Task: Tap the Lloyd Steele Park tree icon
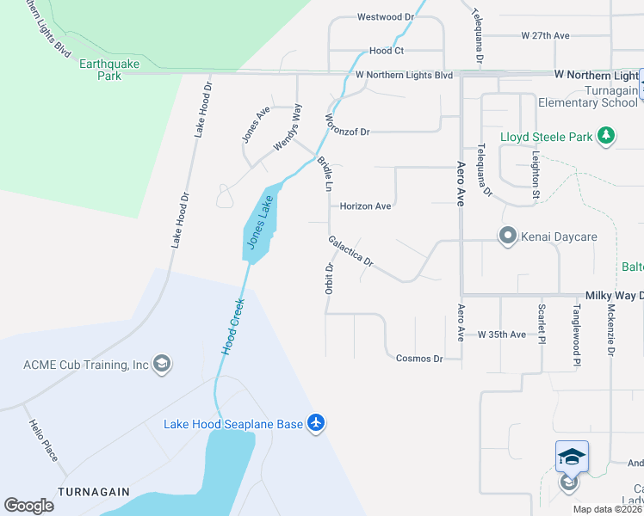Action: pos(606,136)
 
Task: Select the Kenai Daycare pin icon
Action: pos(508,236)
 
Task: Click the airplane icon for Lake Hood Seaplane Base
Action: pos(316,423)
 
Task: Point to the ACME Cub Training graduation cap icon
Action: pos(161,365)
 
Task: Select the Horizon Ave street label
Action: pos(365,206)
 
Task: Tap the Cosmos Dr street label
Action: pos(418,358)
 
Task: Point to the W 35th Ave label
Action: pos(501,334)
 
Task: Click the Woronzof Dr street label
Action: pos(347,132)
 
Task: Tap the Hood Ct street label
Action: pos(387,51)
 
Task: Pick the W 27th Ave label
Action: pos(546,36)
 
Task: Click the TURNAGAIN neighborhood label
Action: pos(93,492)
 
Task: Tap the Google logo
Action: pos(28,506)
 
